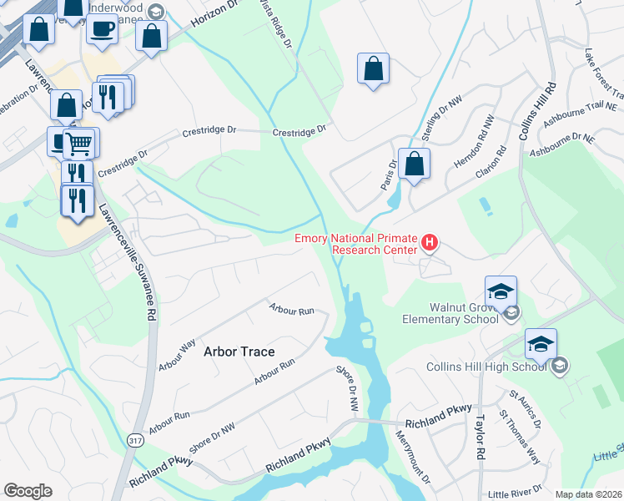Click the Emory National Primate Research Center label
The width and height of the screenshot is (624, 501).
pos(356,244)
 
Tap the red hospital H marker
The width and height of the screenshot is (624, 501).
pos(430,243)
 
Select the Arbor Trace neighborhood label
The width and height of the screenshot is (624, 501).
pos(239,352)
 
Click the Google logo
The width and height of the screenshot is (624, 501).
pos(28,491)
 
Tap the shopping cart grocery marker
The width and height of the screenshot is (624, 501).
pos(80,143)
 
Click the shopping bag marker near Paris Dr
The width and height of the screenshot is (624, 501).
pos(414,164)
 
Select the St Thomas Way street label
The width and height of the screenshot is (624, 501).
pos(520,435)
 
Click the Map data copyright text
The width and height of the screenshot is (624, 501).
pos(588,493)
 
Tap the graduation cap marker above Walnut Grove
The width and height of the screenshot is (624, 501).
pos(501,291)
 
